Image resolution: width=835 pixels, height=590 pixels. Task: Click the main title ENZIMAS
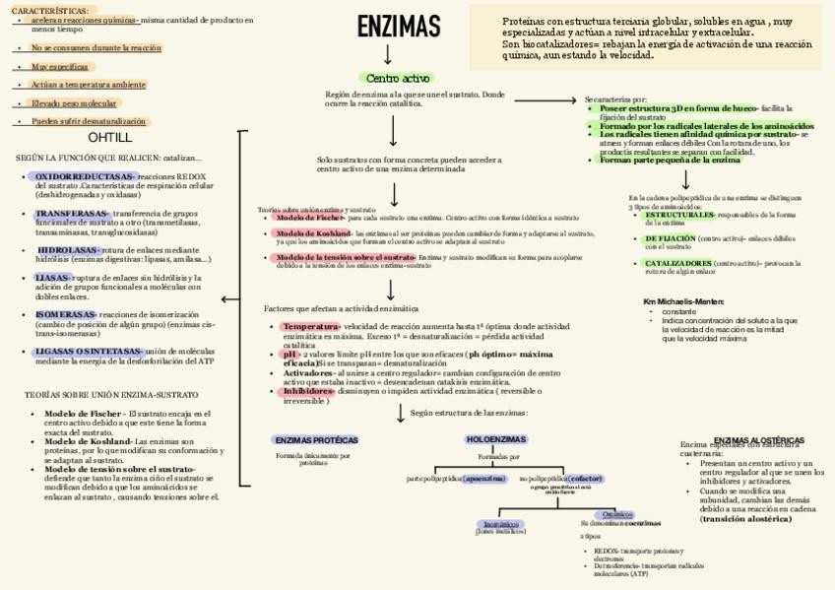point(398,27)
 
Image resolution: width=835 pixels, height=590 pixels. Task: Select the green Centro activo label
point(397,78)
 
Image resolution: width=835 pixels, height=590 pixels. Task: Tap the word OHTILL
point(109,138)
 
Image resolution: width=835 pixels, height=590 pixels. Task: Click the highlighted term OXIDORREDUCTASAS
point(85,176)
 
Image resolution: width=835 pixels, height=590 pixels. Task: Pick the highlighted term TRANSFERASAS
point(71,213)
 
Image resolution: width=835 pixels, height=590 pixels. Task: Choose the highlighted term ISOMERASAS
point(65,314)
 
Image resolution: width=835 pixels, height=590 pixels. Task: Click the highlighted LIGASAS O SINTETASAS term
point(89,351)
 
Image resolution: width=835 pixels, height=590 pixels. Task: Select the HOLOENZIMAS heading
point(494,440)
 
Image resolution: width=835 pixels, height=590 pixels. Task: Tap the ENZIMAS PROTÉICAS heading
point(315,440)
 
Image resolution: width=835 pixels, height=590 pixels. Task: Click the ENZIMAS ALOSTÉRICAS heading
point(758,440)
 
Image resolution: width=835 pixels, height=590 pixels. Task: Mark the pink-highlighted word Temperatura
point(310,326)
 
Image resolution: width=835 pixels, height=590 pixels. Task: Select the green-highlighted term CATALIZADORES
point(677,263)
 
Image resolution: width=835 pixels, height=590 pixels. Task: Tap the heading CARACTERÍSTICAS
point(46,9)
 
